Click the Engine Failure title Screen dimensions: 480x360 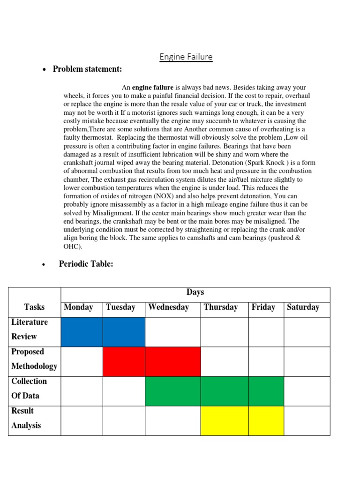click(x=186, y=57)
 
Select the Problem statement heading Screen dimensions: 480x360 click(x=87, y=69)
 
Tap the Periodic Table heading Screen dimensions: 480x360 click(x=86, y=264)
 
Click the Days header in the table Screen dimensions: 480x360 click(x=195, y=292)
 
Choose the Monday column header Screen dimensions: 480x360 click(x=78, y=307)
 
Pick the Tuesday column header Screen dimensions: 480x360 click(x=120, y=307)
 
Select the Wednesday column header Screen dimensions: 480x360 click(x=168, y=307)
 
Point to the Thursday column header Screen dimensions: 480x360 click(x=220, y=307)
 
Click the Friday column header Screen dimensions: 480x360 click(x=263, y=307)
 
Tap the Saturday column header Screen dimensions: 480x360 click(x=302, y=307)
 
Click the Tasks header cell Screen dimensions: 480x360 click(x=34, y=307)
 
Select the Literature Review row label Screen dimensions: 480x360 click(x=30, y=329)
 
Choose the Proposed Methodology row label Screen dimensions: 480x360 click(x=34, y=359)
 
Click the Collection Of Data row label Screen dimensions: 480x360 click(x=29, y=388)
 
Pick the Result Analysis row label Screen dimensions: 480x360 click(x=26, y=418)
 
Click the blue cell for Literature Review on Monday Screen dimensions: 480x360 click(x=82, y=332)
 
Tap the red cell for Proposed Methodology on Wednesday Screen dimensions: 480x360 click(x=172, y=361)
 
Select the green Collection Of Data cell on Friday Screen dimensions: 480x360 click(x=266, y=391)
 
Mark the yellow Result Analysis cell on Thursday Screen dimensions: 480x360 click(x=224, y=420)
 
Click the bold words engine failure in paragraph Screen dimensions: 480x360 click(x=153, y=88)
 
